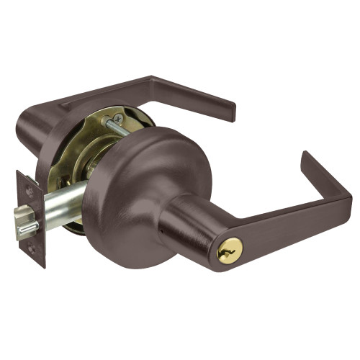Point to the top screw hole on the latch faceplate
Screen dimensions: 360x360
point(28,186)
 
